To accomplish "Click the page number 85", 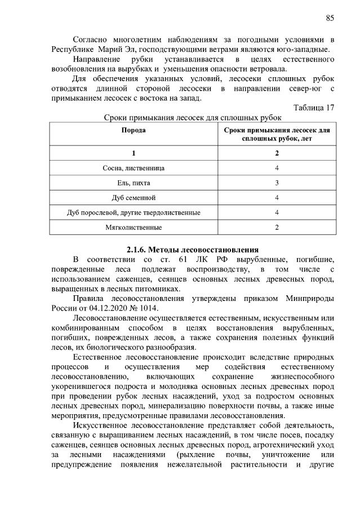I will tap(330, 17).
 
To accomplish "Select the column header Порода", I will tap(134, 130).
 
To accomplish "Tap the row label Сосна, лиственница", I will tap(134, 168).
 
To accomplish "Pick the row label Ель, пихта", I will tap(134, 183).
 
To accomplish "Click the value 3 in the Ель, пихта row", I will tap(277, 183).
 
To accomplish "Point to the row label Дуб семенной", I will tap(134, 198).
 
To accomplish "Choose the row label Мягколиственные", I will tap(134, 228).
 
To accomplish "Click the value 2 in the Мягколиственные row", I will tap(277, 228).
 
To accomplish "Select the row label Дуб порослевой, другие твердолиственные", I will tap(134, 212).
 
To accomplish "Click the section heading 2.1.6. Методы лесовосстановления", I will tap(192, 249).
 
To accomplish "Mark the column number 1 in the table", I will tap(134, 153).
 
